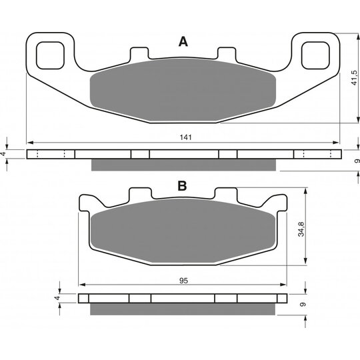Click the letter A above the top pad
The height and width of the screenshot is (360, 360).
[x=183, y=42]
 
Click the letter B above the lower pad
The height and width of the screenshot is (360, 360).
[x=182, y=186]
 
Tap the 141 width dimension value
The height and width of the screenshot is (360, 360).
[x=185, y=137]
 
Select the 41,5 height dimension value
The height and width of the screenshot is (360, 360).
[x=354, y=78]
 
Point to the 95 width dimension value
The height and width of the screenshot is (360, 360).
[x=184, y=281]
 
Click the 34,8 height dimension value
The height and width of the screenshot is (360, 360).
[x=301, y=229]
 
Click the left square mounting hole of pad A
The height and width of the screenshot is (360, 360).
[x=50, y=55]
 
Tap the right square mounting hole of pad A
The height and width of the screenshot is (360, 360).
[x=315, y=55]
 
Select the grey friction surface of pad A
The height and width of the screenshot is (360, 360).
[x=183, y=90]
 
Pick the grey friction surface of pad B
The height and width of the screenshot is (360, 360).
[x=183, y=231]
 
